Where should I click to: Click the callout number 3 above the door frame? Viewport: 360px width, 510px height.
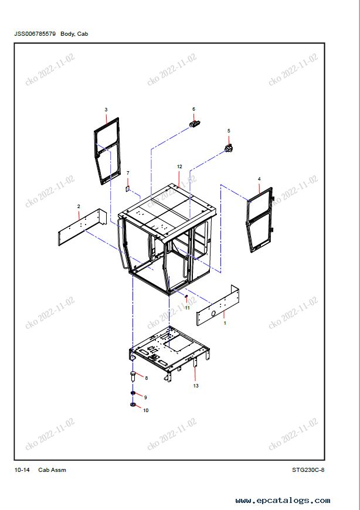point(106,110)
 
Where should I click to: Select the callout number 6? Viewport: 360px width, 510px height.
point(194,109)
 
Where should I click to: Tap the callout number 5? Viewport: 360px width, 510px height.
point(229,131)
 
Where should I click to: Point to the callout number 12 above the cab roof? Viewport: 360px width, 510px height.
point(179,166)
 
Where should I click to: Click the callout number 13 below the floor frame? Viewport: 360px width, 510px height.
point(196,386)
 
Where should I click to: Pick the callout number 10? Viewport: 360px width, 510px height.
point(145,410)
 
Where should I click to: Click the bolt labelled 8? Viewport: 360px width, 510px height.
point(133,376)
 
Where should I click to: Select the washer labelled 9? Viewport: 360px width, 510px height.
point(133,393)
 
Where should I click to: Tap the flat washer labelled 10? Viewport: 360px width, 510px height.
point(133,404)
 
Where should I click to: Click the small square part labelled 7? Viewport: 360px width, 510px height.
point(128,188)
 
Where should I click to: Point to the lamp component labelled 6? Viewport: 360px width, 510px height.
point(195,124)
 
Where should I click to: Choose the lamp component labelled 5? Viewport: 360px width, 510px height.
point(229,149)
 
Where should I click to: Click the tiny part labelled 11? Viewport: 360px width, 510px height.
point(186,296)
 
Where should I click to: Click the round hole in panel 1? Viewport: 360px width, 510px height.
point(213,313)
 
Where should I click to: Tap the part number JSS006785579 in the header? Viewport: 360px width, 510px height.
point(35,34)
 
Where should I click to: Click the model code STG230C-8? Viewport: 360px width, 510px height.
point(308,470)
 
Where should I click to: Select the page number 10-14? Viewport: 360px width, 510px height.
point(22,470)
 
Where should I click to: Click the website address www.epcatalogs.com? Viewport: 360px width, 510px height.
point(283,501)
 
